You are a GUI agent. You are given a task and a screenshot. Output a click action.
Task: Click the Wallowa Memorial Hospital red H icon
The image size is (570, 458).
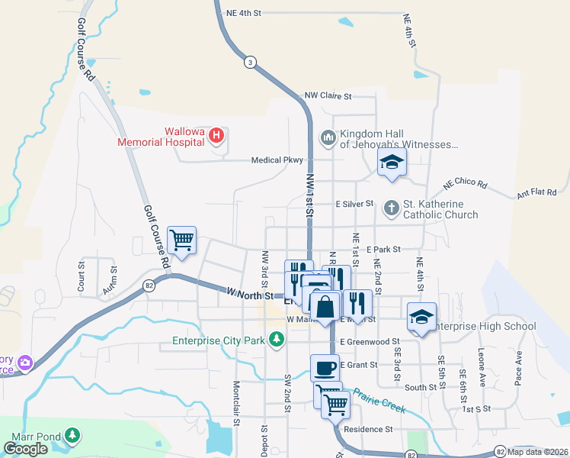click(x=216, y=136)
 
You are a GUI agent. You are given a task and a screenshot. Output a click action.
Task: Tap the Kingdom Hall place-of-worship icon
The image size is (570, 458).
click(x=328, y=137)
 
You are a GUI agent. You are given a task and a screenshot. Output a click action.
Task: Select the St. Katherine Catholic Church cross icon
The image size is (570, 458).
click(x=391, y=208)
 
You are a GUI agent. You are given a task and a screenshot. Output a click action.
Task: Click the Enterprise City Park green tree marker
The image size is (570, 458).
click(x=276, y=340)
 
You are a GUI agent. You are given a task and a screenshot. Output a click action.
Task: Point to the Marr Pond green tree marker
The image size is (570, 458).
click(x=72, y=435)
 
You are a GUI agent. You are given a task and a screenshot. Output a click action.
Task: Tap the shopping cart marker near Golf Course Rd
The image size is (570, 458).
click(x=182, y=240)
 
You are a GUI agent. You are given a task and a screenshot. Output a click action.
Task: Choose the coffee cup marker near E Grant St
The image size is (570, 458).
click(x=325, y=369)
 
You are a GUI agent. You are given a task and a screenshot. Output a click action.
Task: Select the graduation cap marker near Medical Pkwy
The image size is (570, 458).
click(x=392, y=162)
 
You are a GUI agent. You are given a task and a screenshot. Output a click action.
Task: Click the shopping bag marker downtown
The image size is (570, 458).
click(x=325, y=307)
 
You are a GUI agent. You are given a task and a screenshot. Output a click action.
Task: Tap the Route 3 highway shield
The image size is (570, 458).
click(x=249, y=63)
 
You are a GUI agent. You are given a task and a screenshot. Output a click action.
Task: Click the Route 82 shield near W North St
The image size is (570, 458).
click(x=149, y=285)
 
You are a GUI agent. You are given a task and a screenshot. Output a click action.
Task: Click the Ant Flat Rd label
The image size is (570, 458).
click(x=536, y=194)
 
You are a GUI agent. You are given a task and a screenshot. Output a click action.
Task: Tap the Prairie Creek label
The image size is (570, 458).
click(x=378, y=402)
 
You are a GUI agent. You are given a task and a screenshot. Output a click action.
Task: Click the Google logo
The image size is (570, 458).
click(x=26, y=449)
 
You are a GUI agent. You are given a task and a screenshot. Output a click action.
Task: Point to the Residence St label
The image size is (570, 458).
click(x=368, y=429)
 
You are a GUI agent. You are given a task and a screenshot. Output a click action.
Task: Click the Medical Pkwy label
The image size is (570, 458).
click(x=277, y=160)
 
